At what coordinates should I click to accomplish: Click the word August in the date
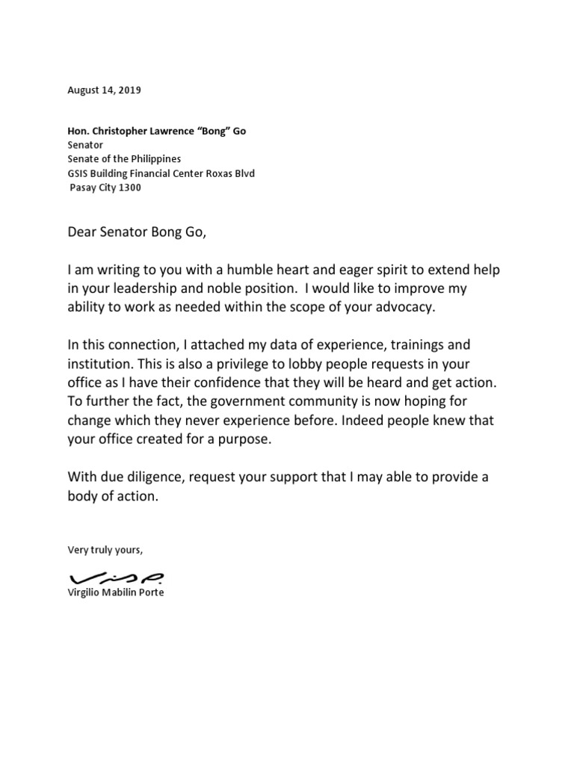[84, 90]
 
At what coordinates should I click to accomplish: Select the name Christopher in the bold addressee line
[118, 131]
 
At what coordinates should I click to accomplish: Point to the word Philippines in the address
[155, 159]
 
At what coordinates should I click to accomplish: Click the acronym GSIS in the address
[78, 173]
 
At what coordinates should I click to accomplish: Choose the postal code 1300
[129, 188]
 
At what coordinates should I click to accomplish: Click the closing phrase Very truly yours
[104, 550]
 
